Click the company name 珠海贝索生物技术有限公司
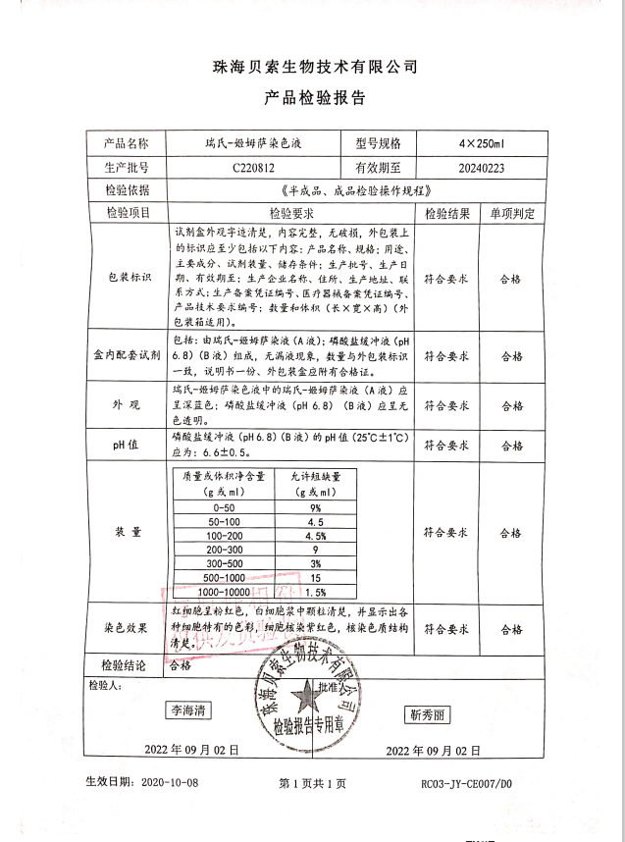[x=315, y=68]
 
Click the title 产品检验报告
[x=315, y=98]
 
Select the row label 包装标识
[x=130, y=278]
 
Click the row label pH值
[x=130, y=445]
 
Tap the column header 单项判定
[x=510, y=213]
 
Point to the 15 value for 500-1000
[x=316, y=579]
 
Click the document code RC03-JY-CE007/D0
[x=466, y=784]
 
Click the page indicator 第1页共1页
[x=313, y=784]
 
